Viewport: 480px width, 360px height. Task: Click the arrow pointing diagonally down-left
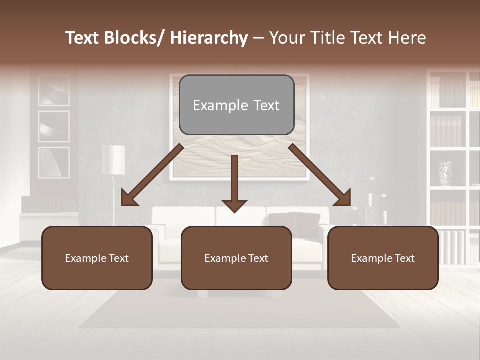152,175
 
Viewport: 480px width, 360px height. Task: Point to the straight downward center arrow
234,182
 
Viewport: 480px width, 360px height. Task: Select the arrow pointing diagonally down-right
320,175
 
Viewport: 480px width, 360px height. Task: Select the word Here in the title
407,38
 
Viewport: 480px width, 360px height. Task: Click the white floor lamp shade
114,160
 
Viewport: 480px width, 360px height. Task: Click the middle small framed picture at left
54,126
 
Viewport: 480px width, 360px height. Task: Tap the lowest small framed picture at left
54,163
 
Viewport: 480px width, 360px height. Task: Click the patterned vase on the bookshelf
445,173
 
